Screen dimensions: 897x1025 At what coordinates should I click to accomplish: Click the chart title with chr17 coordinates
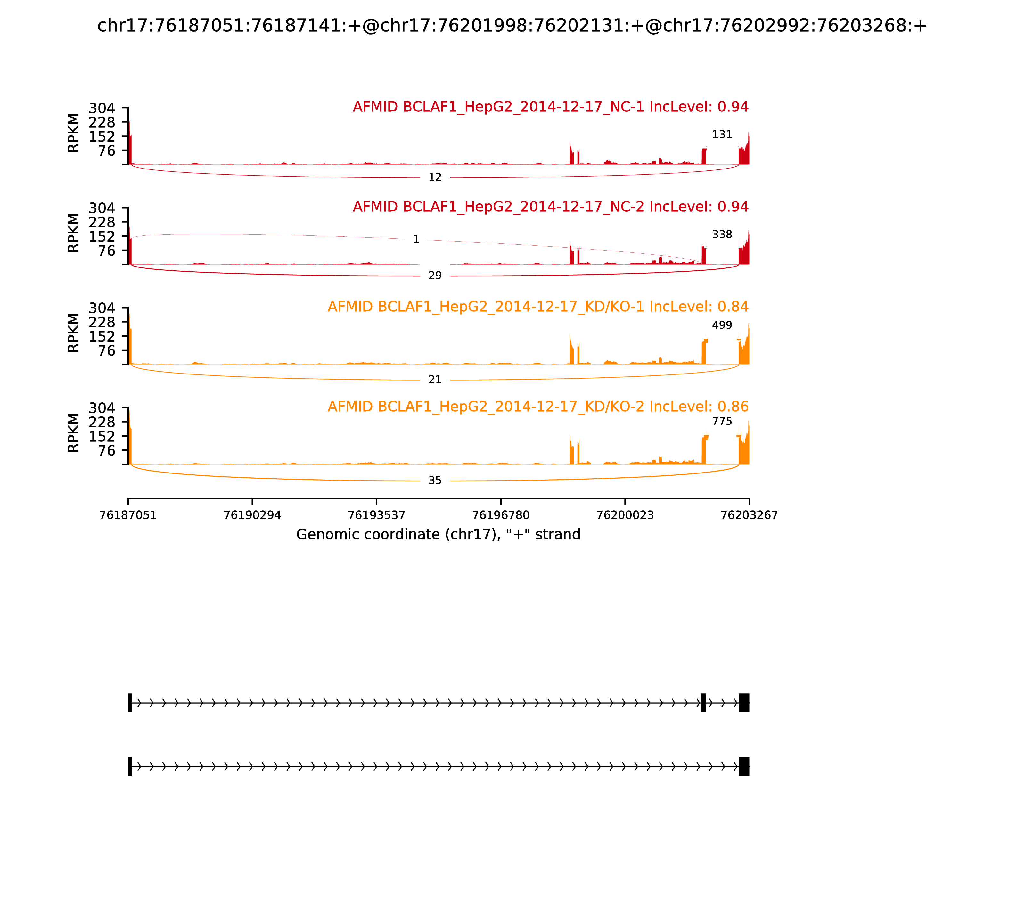pyautogui.click(x=512, y=26)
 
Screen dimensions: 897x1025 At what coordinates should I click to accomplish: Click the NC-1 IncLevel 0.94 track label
pyautogui.click(x=551, y=107)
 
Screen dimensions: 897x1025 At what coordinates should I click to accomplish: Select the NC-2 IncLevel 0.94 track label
pyautogui.click(x=551, y=207)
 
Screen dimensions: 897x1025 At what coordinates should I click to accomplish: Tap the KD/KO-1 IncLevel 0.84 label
pyautogui.click(x=538, y=307)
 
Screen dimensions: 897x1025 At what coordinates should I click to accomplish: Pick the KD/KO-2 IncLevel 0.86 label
pyautogui.click(x=538, y=407)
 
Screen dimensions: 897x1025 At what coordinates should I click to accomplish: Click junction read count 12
pyautogui.click(x=435, y=177)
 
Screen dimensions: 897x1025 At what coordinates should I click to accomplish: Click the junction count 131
pyautogui.click(x=722, y=135)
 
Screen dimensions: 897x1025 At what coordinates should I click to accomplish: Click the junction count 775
pyautogui.click(x=722, y=422)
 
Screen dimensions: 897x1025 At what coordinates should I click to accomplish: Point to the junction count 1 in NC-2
pyautogui.click(x=416, y=239)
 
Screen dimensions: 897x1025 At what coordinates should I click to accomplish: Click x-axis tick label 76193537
pyautogui.click(x=376, y=515)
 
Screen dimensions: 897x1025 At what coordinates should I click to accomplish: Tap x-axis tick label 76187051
pyautogui.click(x=128, y=515)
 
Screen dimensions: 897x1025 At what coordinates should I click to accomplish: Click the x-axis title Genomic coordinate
pyautogui.click(x=439, y=535)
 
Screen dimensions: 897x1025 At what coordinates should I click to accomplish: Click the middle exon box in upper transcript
pyautogui.click(x=703, y=703)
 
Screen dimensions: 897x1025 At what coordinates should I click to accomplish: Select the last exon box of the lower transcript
pyautogui.click(x=744, y=766)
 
